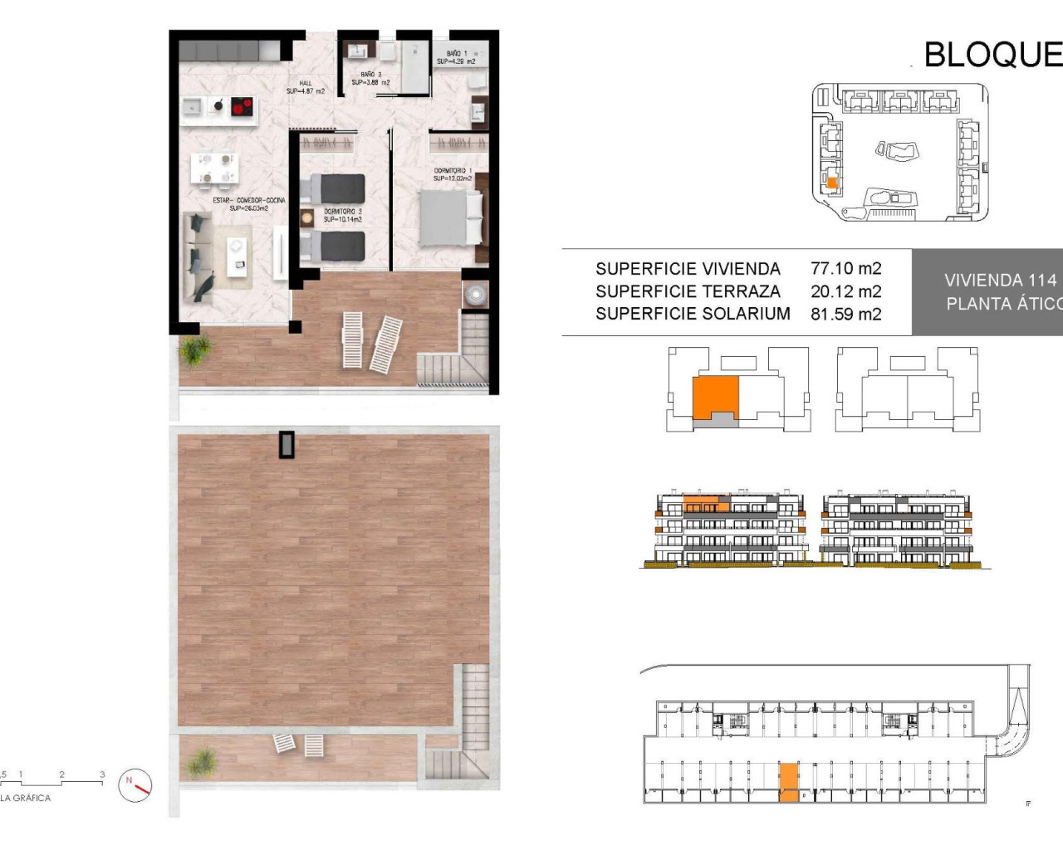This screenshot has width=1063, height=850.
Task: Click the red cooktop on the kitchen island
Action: pos(242,106)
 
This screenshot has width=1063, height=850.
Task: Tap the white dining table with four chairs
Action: pos(214,168)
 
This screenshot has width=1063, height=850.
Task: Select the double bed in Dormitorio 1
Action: pos(449,218)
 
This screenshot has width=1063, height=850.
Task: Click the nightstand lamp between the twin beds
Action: pos(307,217)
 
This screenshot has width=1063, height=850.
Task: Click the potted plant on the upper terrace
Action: pos(194,350)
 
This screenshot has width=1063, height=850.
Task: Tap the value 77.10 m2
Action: pos(845,268)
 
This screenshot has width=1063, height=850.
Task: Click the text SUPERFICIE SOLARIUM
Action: pos(692,314)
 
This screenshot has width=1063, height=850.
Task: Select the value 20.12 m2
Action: pos(845,291)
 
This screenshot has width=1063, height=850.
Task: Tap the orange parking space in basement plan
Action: pos(788,783)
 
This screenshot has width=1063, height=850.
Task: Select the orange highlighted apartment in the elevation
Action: pos(706,504)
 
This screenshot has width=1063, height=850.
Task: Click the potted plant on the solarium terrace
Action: pos(203,760)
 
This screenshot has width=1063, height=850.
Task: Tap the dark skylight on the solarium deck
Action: pos(287,444)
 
